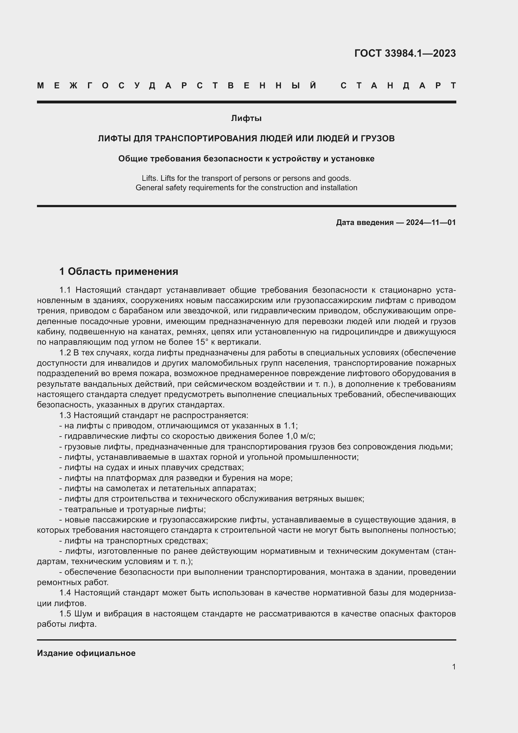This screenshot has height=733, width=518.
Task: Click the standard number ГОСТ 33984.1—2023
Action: pyautogui.click(x=405, y=53)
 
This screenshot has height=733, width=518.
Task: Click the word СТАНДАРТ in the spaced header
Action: pyautogui.click(x=398, y=86)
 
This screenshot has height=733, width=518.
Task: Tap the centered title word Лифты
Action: pyautogui.click(x=246, y=118)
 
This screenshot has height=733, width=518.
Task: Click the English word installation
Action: pyautogui.click(x=341, y=187)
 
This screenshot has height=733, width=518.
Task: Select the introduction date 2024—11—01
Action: pyautogui.click(x=431, y=222)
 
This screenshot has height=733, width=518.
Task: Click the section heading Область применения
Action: pyautogui.click(x=123, y=271)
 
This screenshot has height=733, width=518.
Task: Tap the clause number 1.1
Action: pyautogui.click(x=65, y=290)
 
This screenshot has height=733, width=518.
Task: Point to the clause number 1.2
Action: pyautogui.click(x=65, y=353)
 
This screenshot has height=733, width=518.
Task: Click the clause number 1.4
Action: pyautogui.click(x=65, y=593)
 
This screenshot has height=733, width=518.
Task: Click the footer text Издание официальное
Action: pyautogui.click(x=86, y=653)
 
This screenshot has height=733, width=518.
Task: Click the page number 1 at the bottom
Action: pyautogui.click(x=453, y=667)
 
